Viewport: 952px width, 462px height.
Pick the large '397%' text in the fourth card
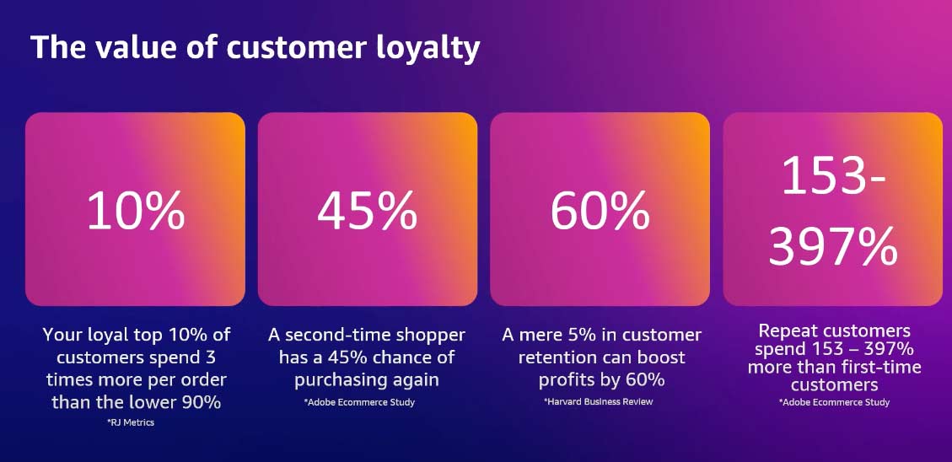[x=832, y=246]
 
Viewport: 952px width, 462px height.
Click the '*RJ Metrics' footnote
[x=131, y=422]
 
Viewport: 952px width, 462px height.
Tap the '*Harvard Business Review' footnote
[x=599, y=401]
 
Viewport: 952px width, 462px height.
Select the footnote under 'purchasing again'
[x=360, y=402]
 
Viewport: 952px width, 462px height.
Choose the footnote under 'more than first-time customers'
[x=835, y=402]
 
